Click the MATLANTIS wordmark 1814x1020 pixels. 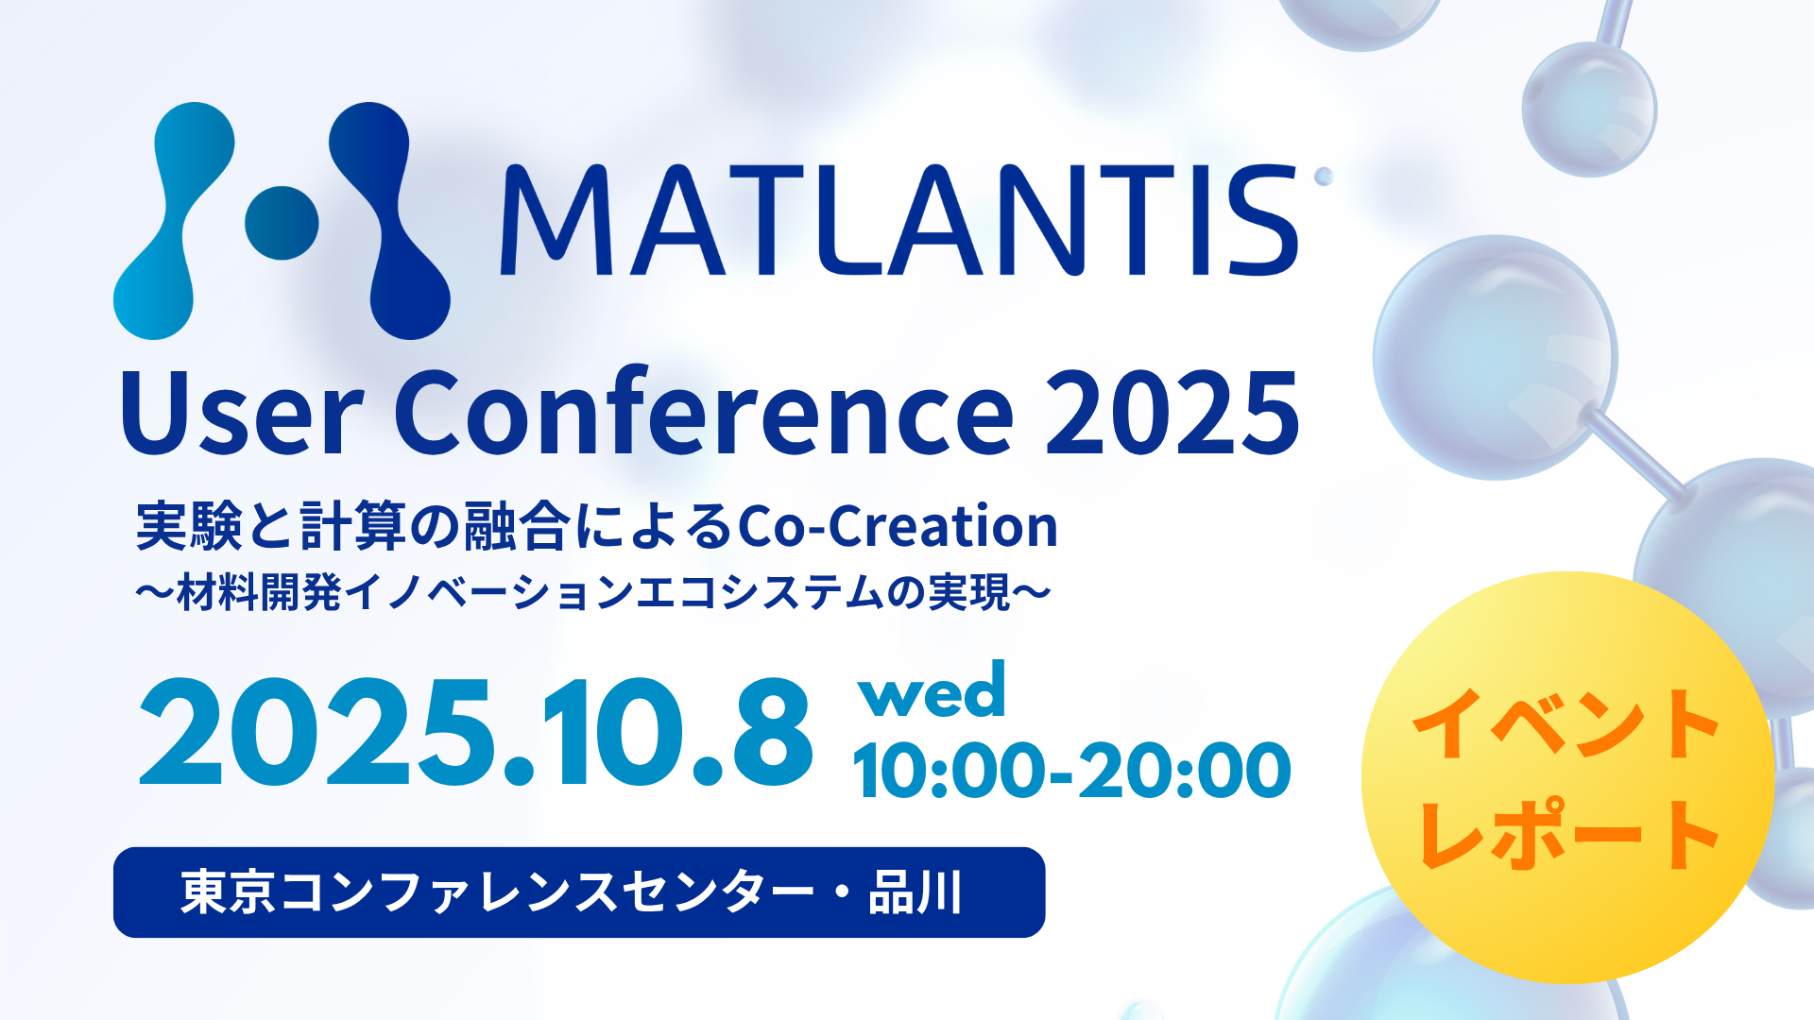point(898,221)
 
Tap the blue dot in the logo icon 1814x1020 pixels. point(282,223)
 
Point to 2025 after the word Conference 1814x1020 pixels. point(1172,412)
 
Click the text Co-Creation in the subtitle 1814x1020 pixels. point(898,526)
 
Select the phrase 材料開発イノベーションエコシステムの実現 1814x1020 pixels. point(593,593)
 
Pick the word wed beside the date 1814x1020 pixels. point(932,690)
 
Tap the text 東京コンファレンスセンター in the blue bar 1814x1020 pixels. point(497,892)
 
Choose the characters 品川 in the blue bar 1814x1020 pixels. point(916,892)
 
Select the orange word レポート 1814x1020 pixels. point(1568,833)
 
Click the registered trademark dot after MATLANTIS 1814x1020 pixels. point(1324,176)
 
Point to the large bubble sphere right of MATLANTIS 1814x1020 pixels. point(1495,357)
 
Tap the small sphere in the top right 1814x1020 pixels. point(1589,110)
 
